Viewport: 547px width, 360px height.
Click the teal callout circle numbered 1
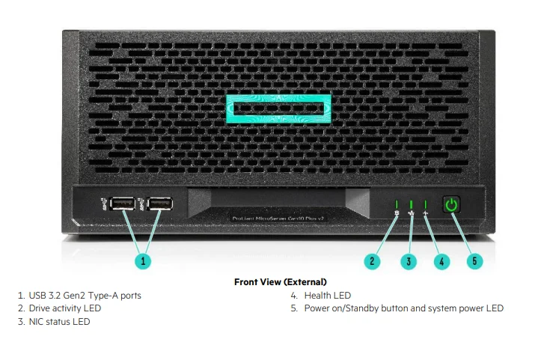click(x=143, y=261)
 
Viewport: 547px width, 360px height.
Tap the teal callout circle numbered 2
click(x=373, y=261)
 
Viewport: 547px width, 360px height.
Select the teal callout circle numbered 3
click(x=408, y=261)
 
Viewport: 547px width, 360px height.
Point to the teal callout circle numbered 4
click(x=441, y=261)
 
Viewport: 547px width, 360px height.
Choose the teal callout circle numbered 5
click(x=474, y=261)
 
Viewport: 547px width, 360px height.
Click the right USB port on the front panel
click(x=159, y=203)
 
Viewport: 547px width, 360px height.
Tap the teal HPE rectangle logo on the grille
click(x=278, y=109)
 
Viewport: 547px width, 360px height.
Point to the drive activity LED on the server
click(x=397, y=204)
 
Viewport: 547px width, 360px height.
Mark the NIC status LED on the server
click(x=411, y=204)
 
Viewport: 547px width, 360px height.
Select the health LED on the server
click(x=425, y=204)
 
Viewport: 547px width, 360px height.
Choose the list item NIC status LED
click(x=59, y=322)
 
